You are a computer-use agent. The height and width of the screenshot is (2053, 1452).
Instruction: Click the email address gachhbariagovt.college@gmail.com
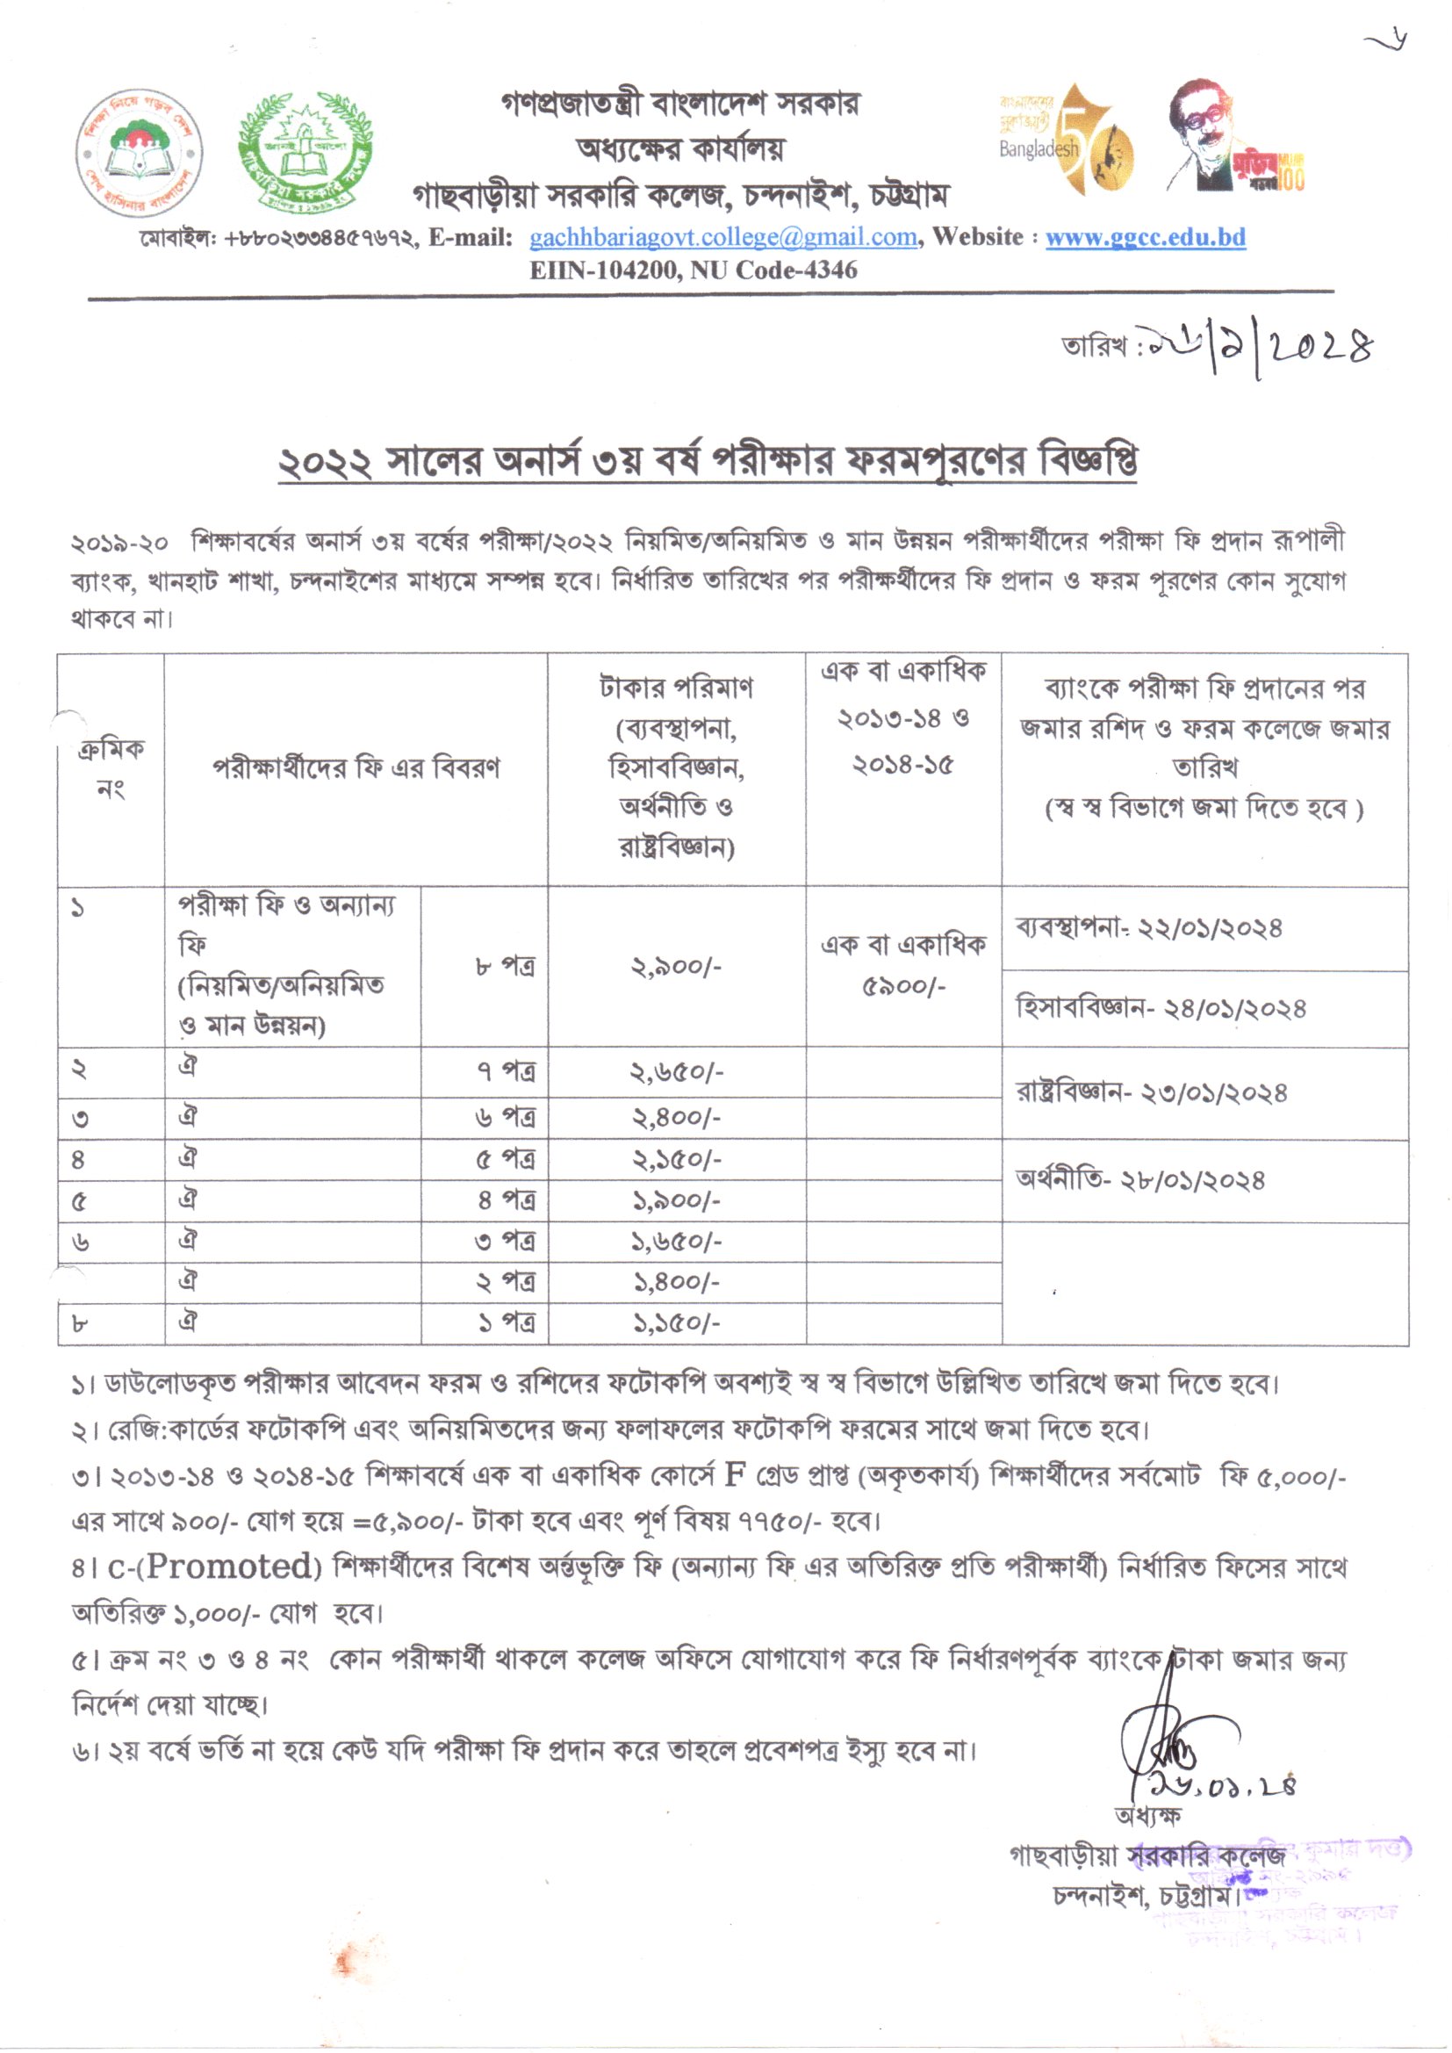[723, 237]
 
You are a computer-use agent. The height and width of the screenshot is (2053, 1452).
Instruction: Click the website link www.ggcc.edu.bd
[1146, 237]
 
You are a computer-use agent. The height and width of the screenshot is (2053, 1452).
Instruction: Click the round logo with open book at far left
[140, 152]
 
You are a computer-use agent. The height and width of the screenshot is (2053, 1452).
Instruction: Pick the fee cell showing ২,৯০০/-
[676, 967]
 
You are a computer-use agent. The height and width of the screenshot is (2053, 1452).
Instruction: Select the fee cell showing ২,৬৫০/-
[676, 1072]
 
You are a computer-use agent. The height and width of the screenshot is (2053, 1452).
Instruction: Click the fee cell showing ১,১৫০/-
[676, 1323]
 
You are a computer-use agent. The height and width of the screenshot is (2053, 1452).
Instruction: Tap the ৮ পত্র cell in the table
[505, 967]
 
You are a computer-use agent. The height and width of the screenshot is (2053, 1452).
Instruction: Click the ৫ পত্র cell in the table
[505, 1159]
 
